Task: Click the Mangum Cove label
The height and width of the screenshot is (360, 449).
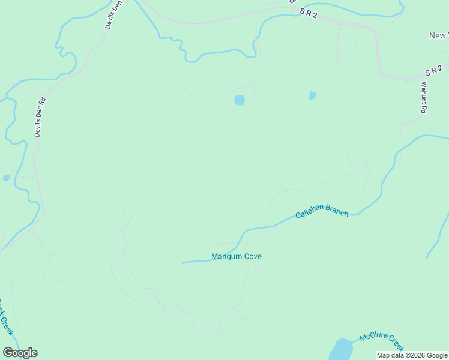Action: coord(236,257)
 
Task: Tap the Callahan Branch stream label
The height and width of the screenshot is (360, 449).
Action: coord(321,211)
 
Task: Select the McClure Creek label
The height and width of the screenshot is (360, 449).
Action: coord(382,342)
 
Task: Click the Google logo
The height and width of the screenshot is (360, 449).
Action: coord(20,353)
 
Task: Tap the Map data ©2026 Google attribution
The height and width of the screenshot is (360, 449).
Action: coord(412,355)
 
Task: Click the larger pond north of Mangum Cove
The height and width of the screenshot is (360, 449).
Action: coord(240,100)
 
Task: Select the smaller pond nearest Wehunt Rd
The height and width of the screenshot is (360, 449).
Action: coord(312,95)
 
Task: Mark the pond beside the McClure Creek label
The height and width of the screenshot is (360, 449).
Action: coord(341,349)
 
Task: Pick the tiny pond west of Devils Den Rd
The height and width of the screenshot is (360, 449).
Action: coord(6,178)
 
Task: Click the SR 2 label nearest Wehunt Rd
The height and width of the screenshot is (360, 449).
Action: coord(434,70)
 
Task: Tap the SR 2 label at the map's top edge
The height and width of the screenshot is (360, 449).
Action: coord(308,12)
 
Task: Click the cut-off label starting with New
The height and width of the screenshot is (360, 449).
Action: coord(439,36)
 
